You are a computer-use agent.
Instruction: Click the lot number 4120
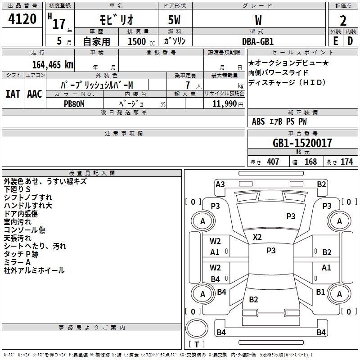[22, 19]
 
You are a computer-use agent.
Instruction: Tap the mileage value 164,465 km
[53, 65]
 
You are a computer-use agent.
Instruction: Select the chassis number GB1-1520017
[302, 143]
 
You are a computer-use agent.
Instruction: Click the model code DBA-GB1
[258, 41]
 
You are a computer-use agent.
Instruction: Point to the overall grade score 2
[343, 21]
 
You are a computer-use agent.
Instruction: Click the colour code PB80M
[74, 104]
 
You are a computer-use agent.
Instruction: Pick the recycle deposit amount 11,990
[225, 104]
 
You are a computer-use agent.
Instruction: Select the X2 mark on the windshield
[257, 237]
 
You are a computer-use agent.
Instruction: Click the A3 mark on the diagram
[220, 184]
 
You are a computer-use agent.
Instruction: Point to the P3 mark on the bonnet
[291, 216]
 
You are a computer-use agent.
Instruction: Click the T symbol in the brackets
[197, 344]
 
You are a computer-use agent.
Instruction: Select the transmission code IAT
[13, 94]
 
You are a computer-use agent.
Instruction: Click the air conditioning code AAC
[35, 94]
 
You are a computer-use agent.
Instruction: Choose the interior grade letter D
[350, 41]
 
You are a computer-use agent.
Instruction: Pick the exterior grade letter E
[336, 41]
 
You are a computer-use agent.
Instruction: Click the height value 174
[346, 162]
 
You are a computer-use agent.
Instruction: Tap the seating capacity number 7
[188, 85]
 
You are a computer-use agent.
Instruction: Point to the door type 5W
[174, 20]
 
